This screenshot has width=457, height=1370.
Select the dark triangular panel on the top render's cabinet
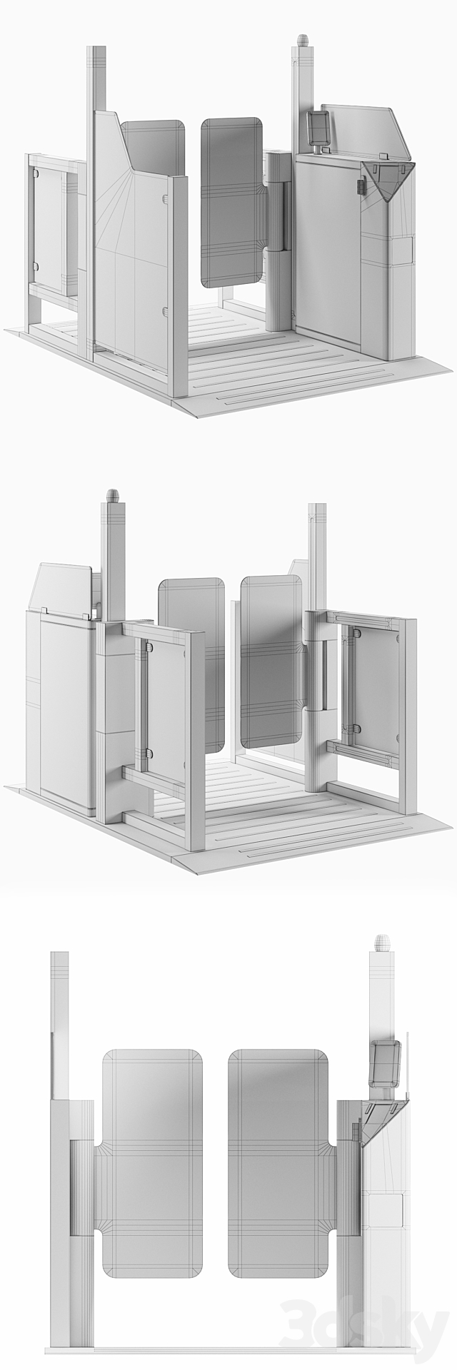(387, 179)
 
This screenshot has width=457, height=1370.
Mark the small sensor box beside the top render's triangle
(360, 185)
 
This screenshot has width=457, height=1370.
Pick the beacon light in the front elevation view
(380, 943)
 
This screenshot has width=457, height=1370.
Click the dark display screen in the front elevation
(385, 1064)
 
